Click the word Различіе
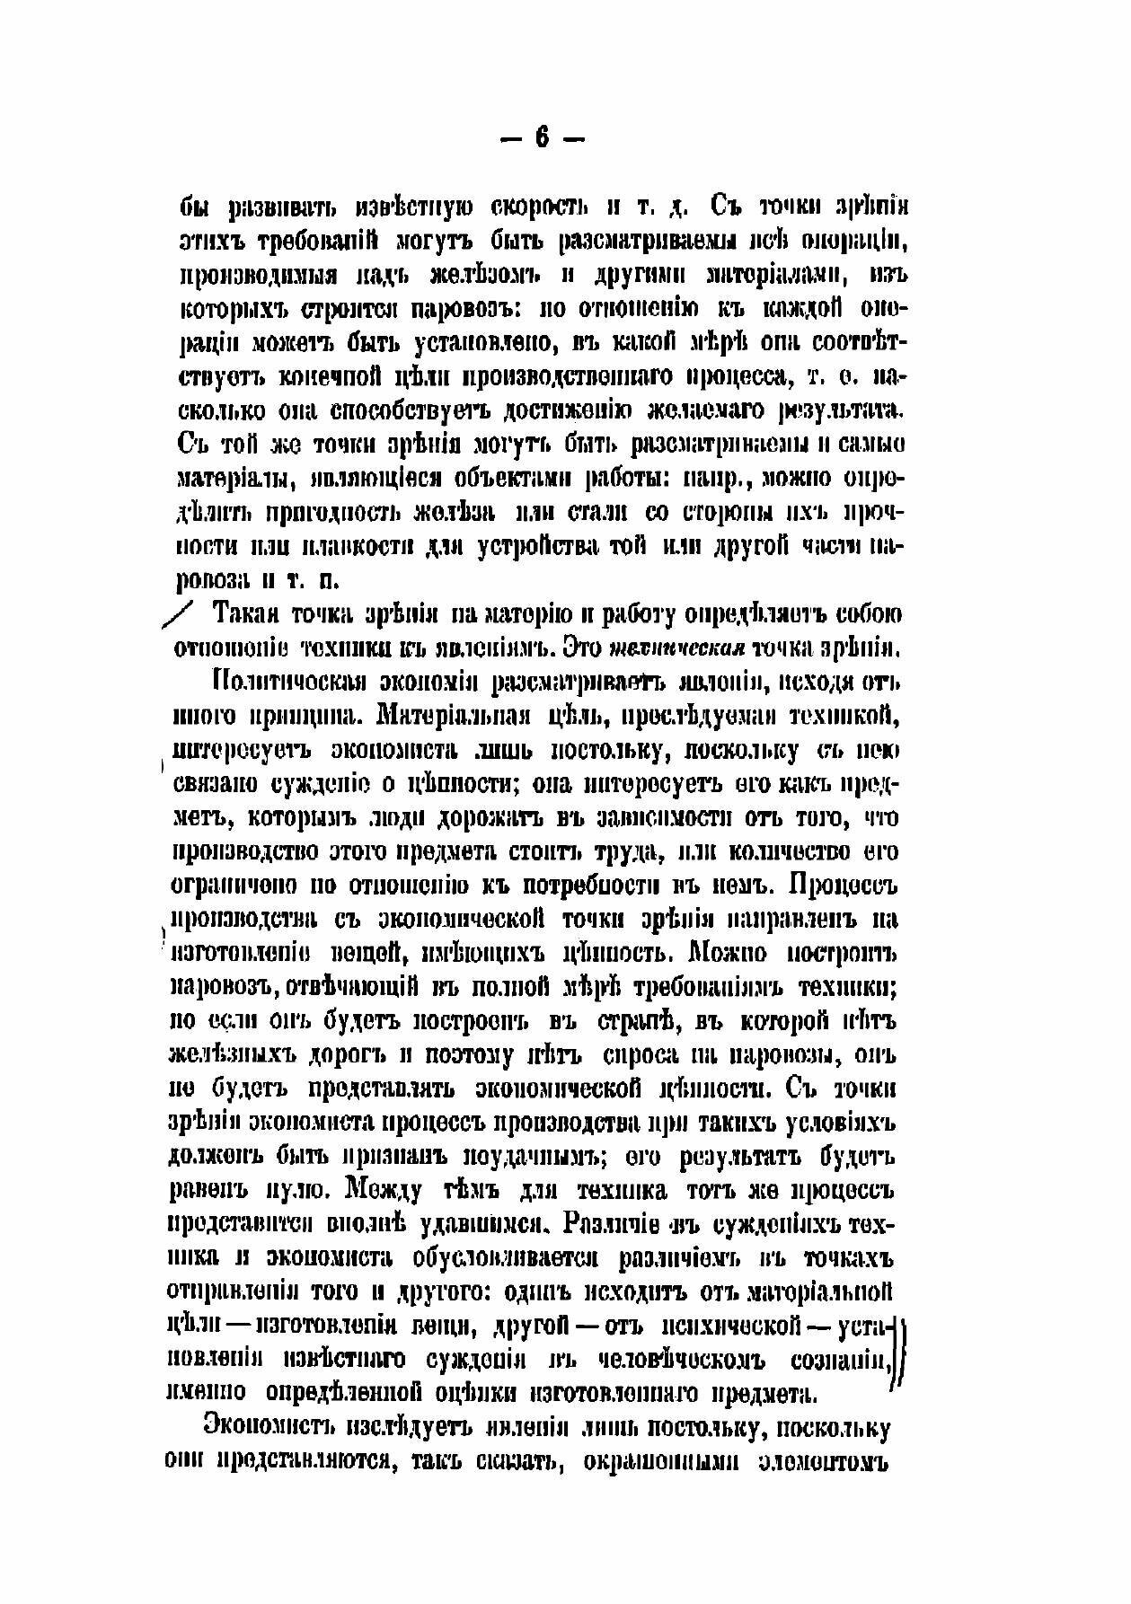click(624, 1225)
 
